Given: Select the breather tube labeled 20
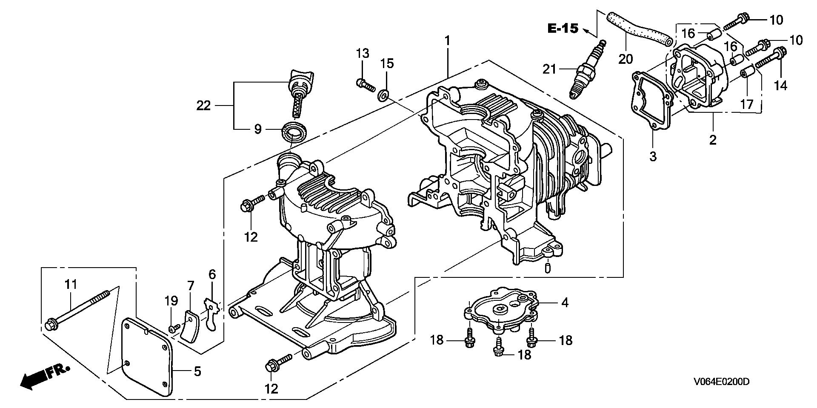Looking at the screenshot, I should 638,29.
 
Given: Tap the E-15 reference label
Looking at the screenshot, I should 563,29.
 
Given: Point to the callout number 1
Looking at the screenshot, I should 447,41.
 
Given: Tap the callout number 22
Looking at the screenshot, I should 203,105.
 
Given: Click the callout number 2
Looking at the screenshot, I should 712,139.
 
